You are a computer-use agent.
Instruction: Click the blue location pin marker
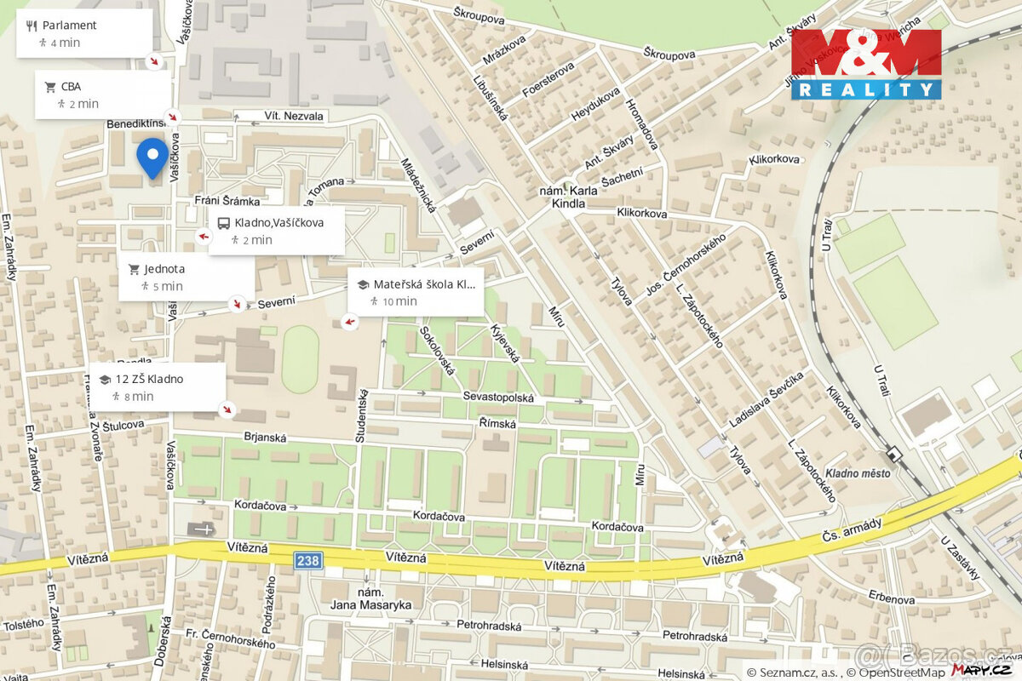click(152, 157)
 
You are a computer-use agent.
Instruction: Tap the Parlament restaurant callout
click(83, 33)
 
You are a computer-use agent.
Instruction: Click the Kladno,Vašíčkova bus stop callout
click(277, 231)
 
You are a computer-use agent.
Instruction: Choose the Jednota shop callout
click(186, 277)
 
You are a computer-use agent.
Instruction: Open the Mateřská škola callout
click(416, 292)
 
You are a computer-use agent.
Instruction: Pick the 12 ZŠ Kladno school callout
click(158, 387)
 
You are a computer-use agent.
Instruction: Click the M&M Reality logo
click(866, 65)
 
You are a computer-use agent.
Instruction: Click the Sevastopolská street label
click(498, 398)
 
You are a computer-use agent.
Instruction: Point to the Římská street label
click(497, 423)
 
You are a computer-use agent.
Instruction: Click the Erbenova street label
click(891, 598)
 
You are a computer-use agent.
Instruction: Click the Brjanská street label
click(264, 438)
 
